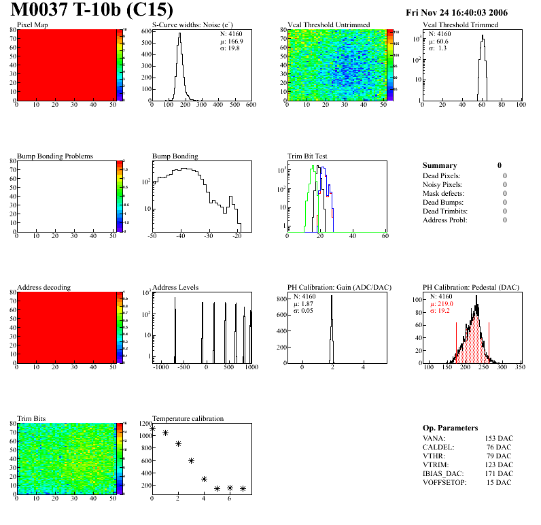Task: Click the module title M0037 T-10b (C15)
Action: coord(92,11)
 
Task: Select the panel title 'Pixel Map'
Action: coord(33,25)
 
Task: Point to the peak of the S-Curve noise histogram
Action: coord(179,35)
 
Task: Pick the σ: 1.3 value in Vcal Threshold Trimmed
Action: coord(437,48)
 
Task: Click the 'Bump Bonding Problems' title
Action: coord(55,156)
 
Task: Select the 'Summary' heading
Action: coord(440,165)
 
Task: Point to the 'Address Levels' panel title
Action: coord(175,287)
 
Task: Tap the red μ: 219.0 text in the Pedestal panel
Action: coord(441,304)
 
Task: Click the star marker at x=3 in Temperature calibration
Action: coord(191,460)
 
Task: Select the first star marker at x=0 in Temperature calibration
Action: coord(152,428)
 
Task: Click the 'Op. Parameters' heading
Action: coord(450,428)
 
